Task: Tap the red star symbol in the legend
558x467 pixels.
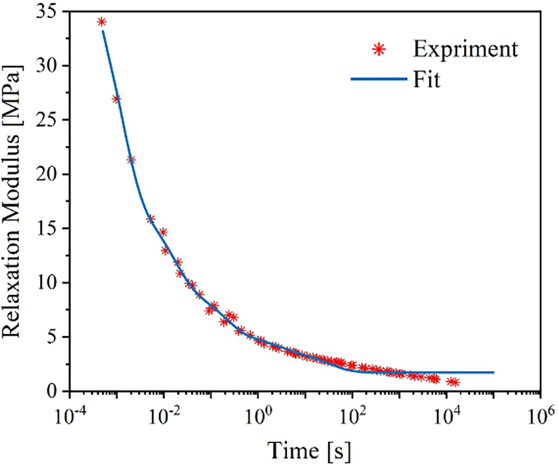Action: click(x=379, y=50)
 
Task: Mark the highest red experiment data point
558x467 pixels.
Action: click(x=102, y=22)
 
